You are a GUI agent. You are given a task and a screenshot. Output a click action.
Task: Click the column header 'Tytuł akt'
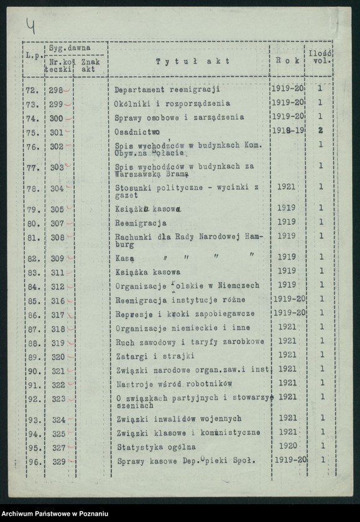(192, 61)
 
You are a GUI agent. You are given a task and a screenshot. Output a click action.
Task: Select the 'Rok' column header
(287, 61)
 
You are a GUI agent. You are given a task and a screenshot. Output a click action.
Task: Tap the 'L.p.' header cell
(33, 56)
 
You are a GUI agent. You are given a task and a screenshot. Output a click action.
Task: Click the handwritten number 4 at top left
(30, 25)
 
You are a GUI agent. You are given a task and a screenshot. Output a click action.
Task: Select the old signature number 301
(57, 132)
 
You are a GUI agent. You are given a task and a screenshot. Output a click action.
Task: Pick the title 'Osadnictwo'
(137, 132)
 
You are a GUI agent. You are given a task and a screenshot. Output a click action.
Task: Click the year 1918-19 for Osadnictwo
(288, 130)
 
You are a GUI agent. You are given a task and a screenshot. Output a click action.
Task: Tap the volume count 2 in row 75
(321, 130)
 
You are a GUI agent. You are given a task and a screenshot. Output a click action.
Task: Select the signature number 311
(57, 272)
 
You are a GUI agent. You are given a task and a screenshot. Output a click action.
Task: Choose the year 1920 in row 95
(287, 446)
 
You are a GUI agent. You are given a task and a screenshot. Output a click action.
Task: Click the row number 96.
(34, 462)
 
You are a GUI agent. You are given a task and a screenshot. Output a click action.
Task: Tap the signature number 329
(58, 461)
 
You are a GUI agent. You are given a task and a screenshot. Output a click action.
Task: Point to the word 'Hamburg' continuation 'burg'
(124, 245)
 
